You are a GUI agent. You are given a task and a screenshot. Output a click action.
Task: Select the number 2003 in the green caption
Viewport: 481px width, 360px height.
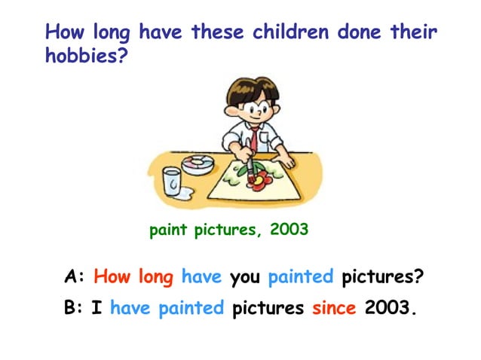tap(289, 230)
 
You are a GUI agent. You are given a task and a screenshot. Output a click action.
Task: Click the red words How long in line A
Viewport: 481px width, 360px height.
tap(133, 276)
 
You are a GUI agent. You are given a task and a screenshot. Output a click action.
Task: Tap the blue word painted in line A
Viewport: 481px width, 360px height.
tap(300, 276)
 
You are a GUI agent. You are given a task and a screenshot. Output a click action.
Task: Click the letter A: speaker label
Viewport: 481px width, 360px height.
tap(74, 276)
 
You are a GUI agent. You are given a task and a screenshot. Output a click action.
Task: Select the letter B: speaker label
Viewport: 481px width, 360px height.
tap(74, 307)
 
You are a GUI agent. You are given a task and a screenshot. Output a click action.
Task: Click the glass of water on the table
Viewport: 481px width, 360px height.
tap(172, 182)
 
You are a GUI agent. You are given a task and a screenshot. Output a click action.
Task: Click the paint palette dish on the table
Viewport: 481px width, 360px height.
tap(198, 163)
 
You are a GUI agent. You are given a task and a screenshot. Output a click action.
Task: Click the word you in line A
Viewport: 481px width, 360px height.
tap(244, 277)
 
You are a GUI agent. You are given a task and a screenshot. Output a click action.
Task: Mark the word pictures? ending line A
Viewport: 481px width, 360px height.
tap(381, 276)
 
